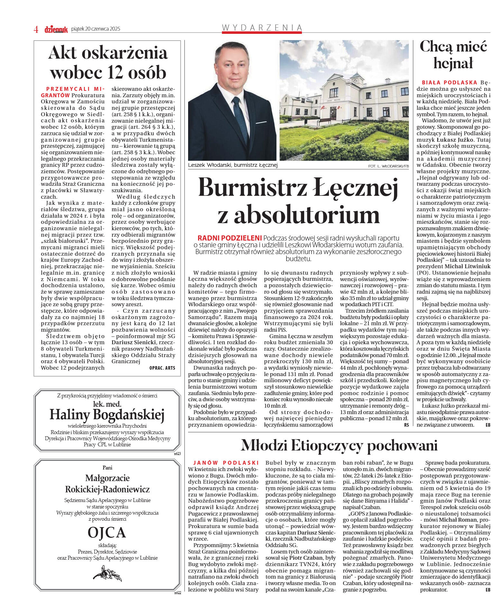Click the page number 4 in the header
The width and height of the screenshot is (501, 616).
tap(36, 29)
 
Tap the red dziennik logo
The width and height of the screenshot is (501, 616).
tap(56, 29)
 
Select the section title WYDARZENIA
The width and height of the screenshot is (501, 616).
tap(262, 28)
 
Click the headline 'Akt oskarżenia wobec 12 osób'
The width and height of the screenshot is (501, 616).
tap(108, 62)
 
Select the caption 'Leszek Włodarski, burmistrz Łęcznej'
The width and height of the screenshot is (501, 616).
tap(232, 165)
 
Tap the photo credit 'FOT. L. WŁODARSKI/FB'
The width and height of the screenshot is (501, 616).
tap(388, 166)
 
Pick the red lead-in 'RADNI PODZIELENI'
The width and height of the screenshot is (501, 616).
tap(229, 238)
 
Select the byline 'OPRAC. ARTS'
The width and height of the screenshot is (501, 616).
tap(162, 368)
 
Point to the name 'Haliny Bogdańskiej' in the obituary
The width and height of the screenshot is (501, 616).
tap(107, 415)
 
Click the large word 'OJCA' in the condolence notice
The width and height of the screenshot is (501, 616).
tap(107, 533)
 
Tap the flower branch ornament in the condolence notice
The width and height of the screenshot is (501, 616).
tap(107, 573)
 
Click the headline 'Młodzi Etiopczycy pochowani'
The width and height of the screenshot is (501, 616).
tap(339, 445)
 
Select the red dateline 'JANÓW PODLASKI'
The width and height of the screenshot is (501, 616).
tap(226, 463)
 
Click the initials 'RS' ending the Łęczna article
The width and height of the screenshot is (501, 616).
tap(406, 425)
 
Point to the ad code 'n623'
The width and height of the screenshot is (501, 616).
tap(177, 453)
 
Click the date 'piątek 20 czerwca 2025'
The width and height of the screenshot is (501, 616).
tap(96, 29)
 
